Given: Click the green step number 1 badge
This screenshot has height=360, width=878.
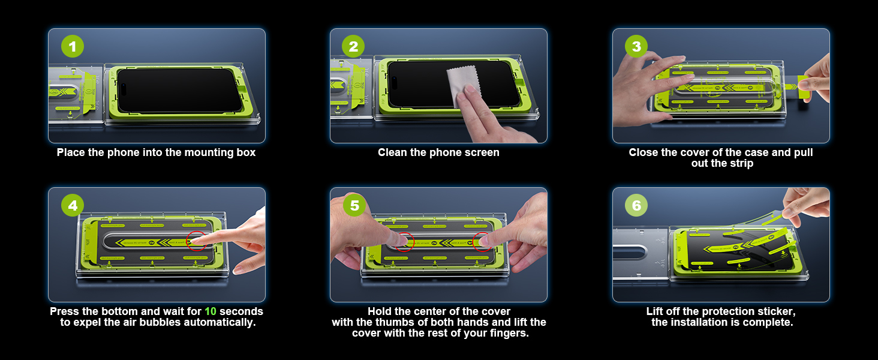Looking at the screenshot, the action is point(73,46).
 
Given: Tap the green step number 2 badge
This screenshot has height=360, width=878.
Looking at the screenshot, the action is point(353,46).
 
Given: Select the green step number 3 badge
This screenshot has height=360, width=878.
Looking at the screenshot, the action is point(636,46).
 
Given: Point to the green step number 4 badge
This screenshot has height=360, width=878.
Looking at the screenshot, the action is point(73,205).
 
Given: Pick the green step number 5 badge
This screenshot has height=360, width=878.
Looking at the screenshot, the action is point(354,205).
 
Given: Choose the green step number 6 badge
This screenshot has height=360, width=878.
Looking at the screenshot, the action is point(636,205).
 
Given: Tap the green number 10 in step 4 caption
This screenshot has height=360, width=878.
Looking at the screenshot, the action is point(211,311).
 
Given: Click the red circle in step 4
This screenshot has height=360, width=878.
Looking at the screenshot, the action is point(196,241).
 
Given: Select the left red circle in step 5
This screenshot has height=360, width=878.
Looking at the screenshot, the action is point(404,242).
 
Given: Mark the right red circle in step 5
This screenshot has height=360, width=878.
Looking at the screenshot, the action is point(483,241).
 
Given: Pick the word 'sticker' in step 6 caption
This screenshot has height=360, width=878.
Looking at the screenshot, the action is point(775,312).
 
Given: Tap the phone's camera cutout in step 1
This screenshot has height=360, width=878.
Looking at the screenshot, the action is point(124,89).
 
